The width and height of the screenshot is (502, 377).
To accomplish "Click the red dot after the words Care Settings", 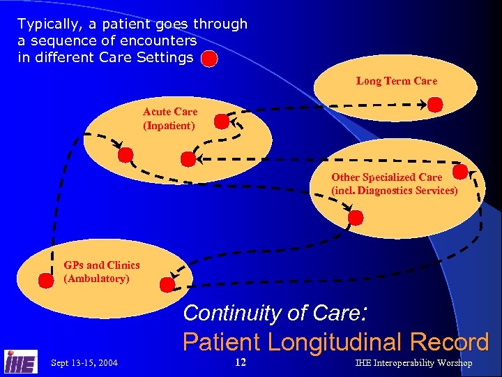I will pyautogui.click(x=209, y=58).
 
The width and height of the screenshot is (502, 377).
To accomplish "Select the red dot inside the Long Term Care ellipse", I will pyautogui.click(x=434, y=105).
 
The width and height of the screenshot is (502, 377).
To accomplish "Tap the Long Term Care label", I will pyautogui.click(x=396, y=81).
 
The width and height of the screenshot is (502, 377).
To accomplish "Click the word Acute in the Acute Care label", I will pyautogui.click(x=156, y=112).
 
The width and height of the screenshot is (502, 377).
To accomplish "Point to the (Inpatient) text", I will pyautogui.click(x=169, y=126).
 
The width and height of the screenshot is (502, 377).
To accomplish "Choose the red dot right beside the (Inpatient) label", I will pyautogui.click(x=221, y=123).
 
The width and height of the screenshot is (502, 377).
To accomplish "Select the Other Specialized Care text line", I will pyautogui.click(x=386, y=177).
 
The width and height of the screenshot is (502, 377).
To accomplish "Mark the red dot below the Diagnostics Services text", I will pyautogui.click(x=356, y=217).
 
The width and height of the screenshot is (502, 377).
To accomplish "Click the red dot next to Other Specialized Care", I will pyautogui.click(x=460, y=171).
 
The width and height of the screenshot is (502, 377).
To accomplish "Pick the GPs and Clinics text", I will pyautogui.click(x=101, y=265).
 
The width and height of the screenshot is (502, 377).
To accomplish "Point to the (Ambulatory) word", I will pyautogui.click(x=96, y=279).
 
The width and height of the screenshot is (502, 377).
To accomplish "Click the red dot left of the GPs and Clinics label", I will pyautogui.click(x=46, y=281).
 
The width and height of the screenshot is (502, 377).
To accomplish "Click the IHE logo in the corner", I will pyautogui.click(x=20, y=361).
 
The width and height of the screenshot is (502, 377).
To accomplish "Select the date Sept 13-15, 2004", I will pyautogui.click(x=84, y=363).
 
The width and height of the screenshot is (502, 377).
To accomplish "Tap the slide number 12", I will pyautogui.click(x=241, y=362).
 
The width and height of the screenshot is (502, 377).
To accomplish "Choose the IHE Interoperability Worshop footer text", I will pyautogui.click(x=413, y=363).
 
